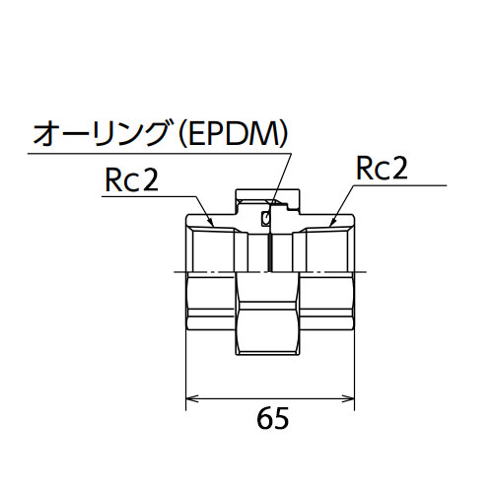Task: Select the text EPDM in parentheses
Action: (x=231, y=134)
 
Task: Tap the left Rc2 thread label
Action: (x=132, y=179)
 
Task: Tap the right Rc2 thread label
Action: (x=382, y=168)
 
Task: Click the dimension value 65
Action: (x=273, y=418)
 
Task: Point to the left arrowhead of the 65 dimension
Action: (x=191, y=398)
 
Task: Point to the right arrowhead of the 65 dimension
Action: (x=349, y=398)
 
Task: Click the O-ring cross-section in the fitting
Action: (x=266, y=218)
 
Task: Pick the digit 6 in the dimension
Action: (x=264, y=418)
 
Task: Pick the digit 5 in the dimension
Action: (x=282, y=418)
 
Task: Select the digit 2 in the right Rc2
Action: (x=398, y=168)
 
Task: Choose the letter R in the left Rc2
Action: (x=113, y=179)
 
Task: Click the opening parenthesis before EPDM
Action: (x=181, y=134)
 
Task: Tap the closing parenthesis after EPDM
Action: (x=282, y=134)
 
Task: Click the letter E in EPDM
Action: (x=195, y=134)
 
